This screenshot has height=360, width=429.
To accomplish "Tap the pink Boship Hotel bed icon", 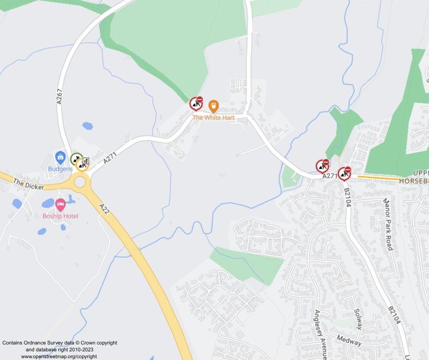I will [x=60, y=205].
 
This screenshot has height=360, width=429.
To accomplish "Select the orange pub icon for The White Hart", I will [x=213, y=106].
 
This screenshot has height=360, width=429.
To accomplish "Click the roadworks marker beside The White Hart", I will [x=196, y=104].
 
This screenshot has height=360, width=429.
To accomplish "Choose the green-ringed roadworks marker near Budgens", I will [x=77, y=159].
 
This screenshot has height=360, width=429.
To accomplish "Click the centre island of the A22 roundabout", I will [x=80, y=182].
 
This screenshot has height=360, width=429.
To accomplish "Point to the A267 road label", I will [x=60, y=97].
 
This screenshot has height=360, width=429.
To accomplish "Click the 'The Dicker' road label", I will [x=29, y=185].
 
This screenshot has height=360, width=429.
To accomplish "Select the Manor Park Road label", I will [x=388, y=224].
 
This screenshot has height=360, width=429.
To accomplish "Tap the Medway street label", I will [x=349, y=340].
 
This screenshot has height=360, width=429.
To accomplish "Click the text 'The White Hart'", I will [x=214, y=117].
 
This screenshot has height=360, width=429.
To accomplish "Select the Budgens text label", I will [x=60, y=169].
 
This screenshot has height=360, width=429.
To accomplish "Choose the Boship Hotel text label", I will [x=60, y=216].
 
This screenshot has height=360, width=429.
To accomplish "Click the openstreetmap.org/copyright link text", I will [x=59, y=356].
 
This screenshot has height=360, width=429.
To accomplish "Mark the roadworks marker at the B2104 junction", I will [x=345, y=174].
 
